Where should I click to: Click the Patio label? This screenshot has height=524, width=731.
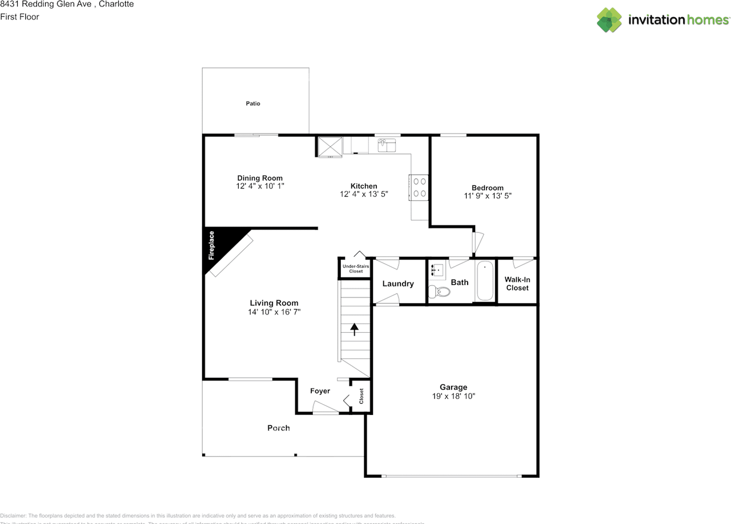tap(253, 103)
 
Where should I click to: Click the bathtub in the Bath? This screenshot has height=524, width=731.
tap(485, 281)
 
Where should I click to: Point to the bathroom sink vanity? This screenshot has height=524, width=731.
tap(437, 269)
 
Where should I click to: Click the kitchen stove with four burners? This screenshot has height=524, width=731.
tap(419, 187)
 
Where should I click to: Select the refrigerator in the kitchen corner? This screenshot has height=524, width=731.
tap(330, 146)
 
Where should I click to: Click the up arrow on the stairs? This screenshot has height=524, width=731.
tap(354, 328)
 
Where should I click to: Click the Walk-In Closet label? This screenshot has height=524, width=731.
tap(517, 284)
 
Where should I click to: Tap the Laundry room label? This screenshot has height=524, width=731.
tap(398, 284)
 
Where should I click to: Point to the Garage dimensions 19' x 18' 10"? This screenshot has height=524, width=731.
tap(453, 396)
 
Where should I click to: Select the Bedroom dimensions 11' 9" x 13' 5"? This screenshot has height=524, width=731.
tap(488, 196)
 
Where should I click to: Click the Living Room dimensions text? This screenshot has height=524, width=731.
tap(274, 312)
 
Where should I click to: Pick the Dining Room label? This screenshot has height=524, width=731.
tap(260, 178)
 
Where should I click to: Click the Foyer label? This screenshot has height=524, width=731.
tap(320, 391)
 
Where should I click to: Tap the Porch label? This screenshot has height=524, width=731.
tap(279, 428)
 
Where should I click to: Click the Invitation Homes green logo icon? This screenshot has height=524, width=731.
tap(609, 20)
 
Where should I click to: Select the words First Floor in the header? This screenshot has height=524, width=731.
tap(19, 17)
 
